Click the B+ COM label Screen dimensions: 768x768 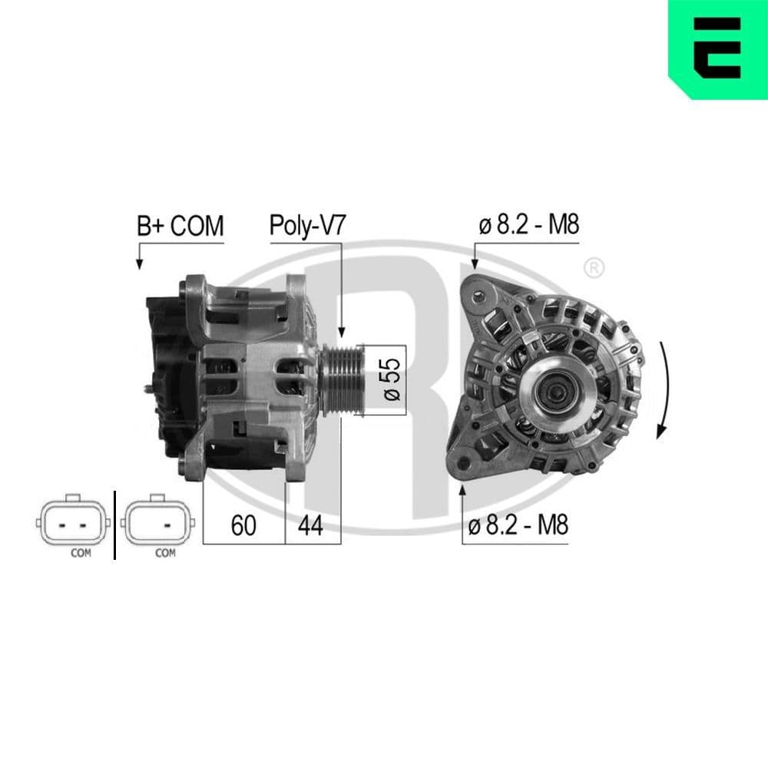coord(180,226)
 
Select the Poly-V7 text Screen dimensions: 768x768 coord(307,226)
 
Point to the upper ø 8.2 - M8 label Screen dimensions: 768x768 coord(528,226)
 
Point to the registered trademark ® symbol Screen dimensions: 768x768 coord(594,268)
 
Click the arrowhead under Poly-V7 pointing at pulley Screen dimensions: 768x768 coord(341,332)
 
